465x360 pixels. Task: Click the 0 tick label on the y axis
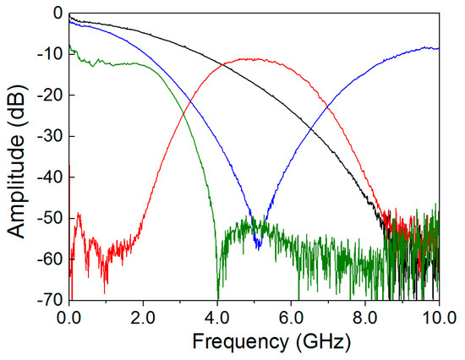pyautogui.click(x=56, y=14)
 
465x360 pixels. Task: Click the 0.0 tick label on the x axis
pyautogui.click(x=69, y=318)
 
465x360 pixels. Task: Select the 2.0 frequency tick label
pyautogui.click(x=143, y=318)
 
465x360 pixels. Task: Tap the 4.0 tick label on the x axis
pyautogui.click(x=217, y=318)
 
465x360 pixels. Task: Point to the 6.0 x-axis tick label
pyautogui.click(x=292, y=318)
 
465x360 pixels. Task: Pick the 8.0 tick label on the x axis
pyautogui.click(x=365, y=318)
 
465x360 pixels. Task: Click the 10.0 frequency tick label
pyautogui.click(x=436, y=318)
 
